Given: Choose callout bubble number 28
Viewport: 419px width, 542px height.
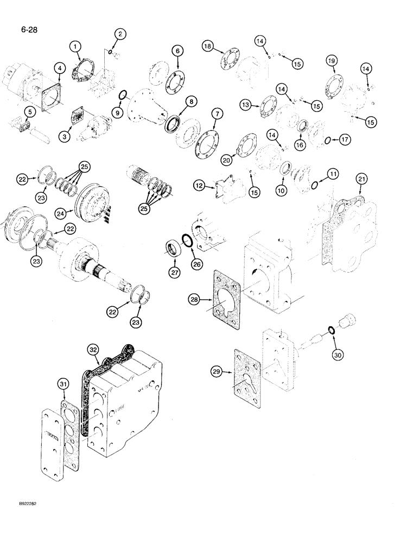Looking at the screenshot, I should pyautogui.click(x=194, y=299).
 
